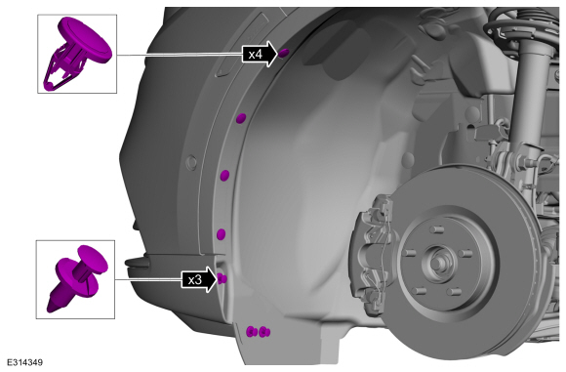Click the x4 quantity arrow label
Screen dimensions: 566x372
click(260, 54)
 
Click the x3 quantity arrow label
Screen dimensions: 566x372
click(199, 279)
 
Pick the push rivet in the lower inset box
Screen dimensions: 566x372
click(77, 277)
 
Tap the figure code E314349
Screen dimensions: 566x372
click(24, 362)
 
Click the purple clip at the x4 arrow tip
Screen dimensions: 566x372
click(284, 53)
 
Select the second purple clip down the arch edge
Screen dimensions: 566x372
click(241, 118)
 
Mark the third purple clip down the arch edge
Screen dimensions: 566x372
click(224, 176)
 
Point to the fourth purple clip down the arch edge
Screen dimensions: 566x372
click(221, 234)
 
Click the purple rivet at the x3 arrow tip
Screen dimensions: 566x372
click(222, 279)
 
